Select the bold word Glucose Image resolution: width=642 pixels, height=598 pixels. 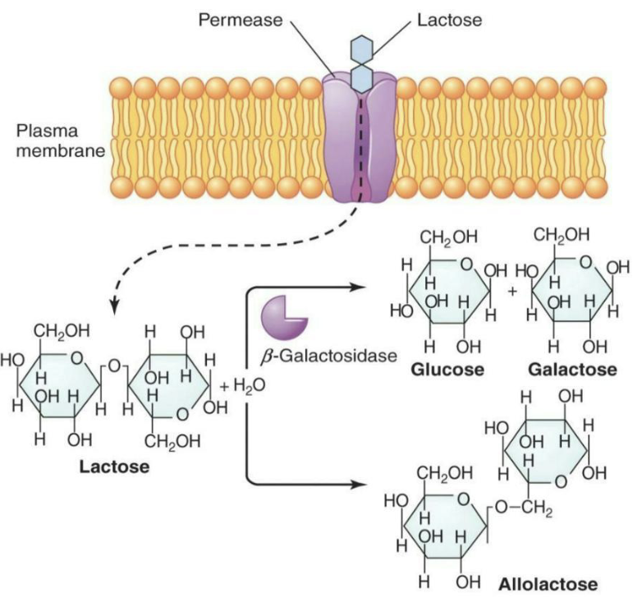pos(448,370)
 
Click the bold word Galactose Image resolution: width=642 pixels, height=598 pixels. pos(572,370)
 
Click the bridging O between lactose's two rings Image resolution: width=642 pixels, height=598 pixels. pos(115,364)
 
